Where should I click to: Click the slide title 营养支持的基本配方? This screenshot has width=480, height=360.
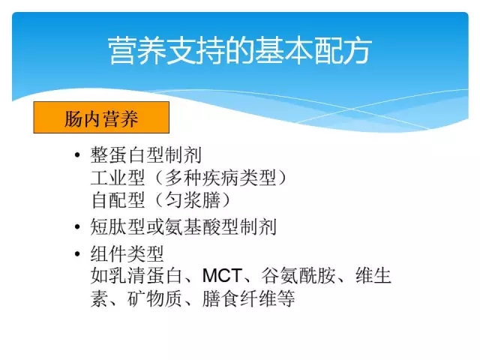point(240,51)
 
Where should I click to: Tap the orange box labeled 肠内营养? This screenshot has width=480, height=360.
point(101,118)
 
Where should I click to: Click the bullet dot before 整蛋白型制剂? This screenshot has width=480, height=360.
point(77,155)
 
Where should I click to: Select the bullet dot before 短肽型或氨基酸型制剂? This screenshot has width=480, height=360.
point(77,226)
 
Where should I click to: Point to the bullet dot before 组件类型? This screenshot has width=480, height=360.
point(77,253)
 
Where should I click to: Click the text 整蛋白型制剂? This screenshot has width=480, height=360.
point(145,155)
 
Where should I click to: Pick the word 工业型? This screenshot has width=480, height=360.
point(118,178)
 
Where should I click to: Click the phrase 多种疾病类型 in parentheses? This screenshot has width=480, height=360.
point(220,178)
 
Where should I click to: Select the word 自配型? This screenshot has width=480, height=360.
point(118,200)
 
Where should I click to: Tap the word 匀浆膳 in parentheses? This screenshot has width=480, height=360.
point(193,200)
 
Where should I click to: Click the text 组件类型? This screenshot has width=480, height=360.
point(127,254)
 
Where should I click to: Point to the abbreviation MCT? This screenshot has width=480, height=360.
point(222,276)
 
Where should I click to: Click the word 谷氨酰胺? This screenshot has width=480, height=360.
point(298,276)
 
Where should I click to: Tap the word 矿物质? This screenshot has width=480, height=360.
point(154,298)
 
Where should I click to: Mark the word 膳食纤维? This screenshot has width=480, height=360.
point(239,298)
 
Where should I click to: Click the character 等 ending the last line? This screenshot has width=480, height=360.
point(286,298)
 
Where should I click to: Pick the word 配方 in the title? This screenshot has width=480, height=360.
point(343,51)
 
